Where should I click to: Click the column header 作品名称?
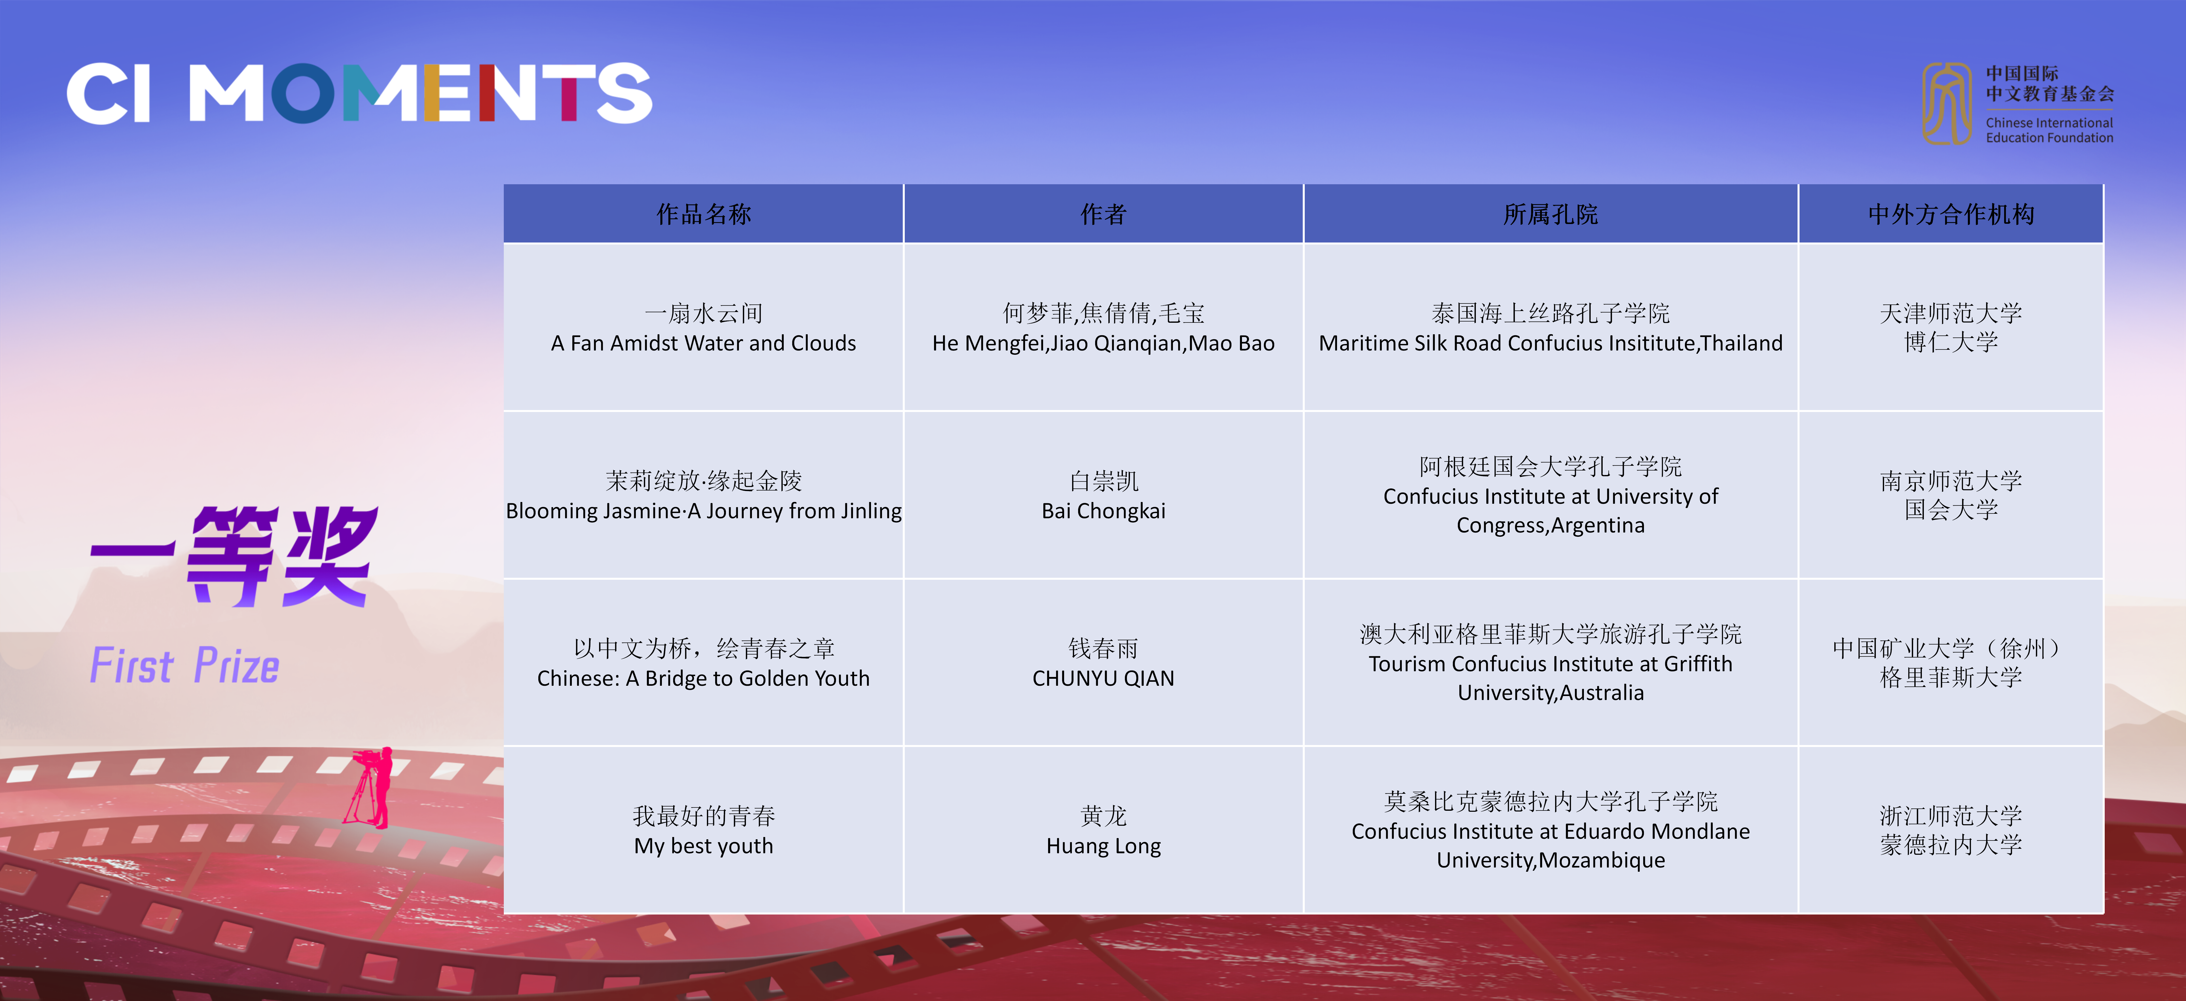703,214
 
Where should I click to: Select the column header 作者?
1103,214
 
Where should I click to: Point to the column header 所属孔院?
1550,214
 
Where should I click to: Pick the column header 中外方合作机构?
1951,214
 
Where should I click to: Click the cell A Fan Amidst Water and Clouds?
703,327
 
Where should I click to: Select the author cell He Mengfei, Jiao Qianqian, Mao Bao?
1103,327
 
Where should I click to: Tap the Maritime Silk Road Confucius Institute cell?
1550,327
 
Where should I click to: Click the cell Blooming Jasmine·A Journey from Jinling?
703,495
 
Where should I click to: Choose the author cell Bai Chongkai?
1103,495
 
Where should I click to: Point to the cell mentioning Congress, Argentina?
1550,495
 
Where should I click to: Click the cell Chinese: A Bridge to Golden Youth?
703,662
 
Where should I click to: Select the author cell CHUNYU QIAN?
1103,662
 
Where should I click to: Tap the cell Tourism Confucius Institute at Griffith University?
1550,662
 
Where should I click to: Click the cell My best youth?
703,830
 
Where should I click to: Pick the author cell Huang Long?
1103,830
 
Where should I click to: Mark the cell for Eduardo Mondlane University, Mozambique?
1550,830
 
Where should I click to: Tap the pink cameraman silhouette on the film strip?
371,787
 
